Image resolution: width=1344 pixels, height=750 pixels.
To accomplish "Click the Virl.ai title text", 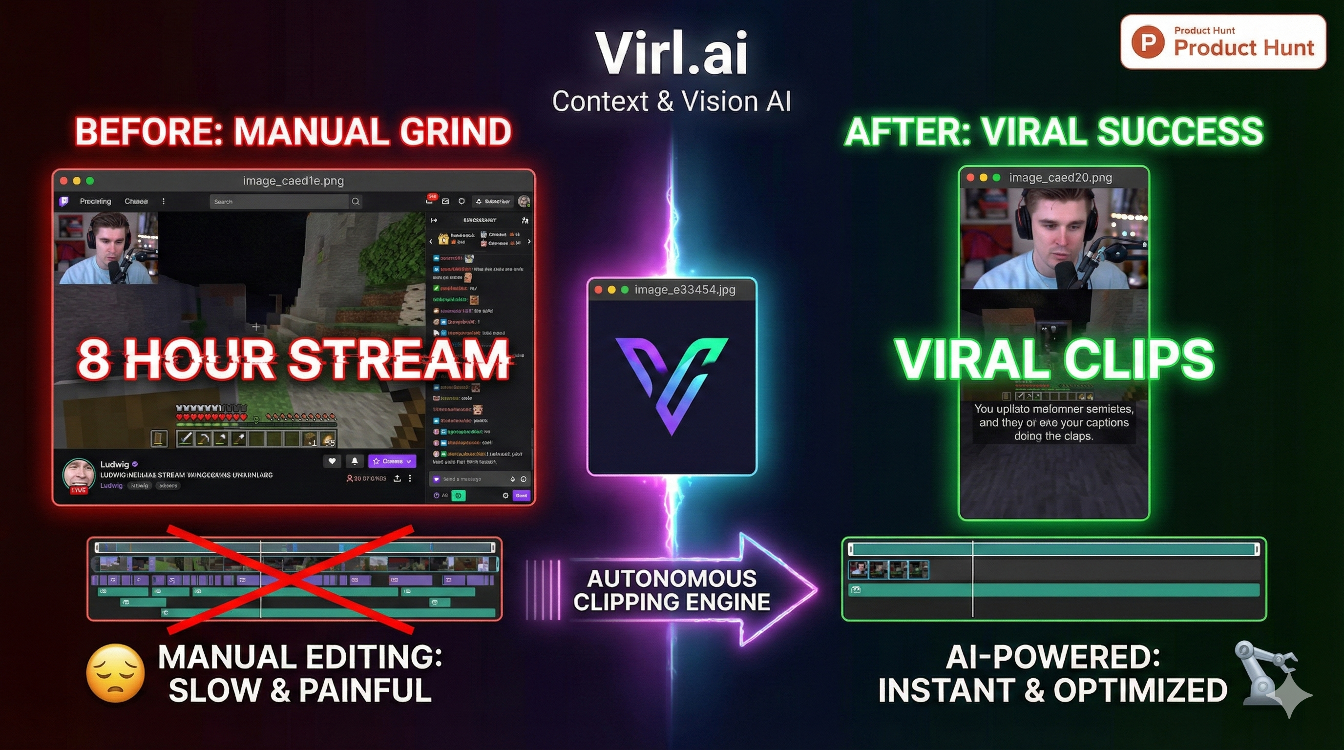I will pos(672,53).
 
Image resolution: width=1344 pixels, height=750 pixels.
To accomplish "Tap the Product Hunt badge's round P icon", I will pos(1148,42).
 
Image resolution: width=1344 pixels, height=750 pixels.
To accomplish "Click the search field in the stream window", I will pos(279,201).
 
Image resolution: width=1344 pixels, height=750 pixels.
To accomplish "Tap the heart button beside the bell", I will pos(332,460).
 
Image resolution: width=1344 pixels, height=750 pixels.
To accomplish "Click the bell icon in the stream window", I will pos(355,460).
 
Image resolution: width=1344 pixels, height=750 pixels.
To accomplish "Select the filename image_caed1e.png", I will pos(293,181).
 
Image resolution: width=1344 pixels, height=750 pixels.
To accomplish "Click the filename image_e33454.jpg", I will pos(685,290).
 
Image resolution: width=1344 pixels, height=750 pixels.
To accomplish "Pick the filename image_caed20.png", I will pos(1060,178).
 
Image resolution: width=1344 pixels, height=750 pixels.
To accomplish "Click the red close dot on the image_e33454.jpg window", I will pos(598,290).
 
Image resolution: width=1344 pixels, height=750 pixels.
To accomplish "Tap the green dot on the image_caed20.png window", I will pos(996,178).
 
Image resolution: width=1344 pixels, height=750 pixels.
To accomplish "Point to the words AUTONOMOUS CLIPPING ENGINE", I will pos(672,590).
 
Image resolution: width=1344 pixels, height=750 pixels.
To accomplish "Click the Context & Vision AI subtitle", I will pos(672,101).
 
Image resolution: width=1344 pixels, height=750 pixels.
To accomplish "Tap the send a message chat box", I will pos(469,479).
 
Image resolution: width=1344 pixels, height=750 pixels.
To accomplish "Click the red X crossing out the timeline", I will pos(290,579).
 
